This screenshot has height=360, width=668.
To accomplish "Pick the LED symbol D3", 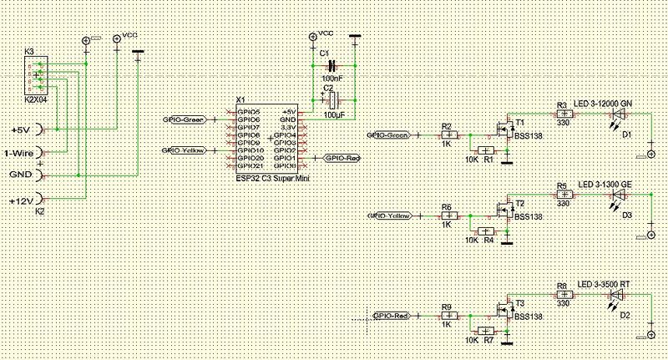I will coord(619,195).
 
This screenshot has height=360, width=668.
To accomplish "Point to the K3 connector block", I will coord(37,77).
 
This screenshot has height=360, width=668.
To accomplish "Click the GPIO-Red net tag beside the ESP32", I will coord(342,157).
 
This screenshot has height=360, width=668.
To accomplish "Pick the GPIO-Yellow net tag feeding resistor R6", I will coord(390,216).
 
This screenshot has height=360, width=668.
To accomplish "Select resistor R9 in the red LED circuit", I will coord(449,317).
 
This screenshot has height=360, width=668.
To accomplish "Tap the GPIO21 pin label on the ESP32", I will coord(250,165).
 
